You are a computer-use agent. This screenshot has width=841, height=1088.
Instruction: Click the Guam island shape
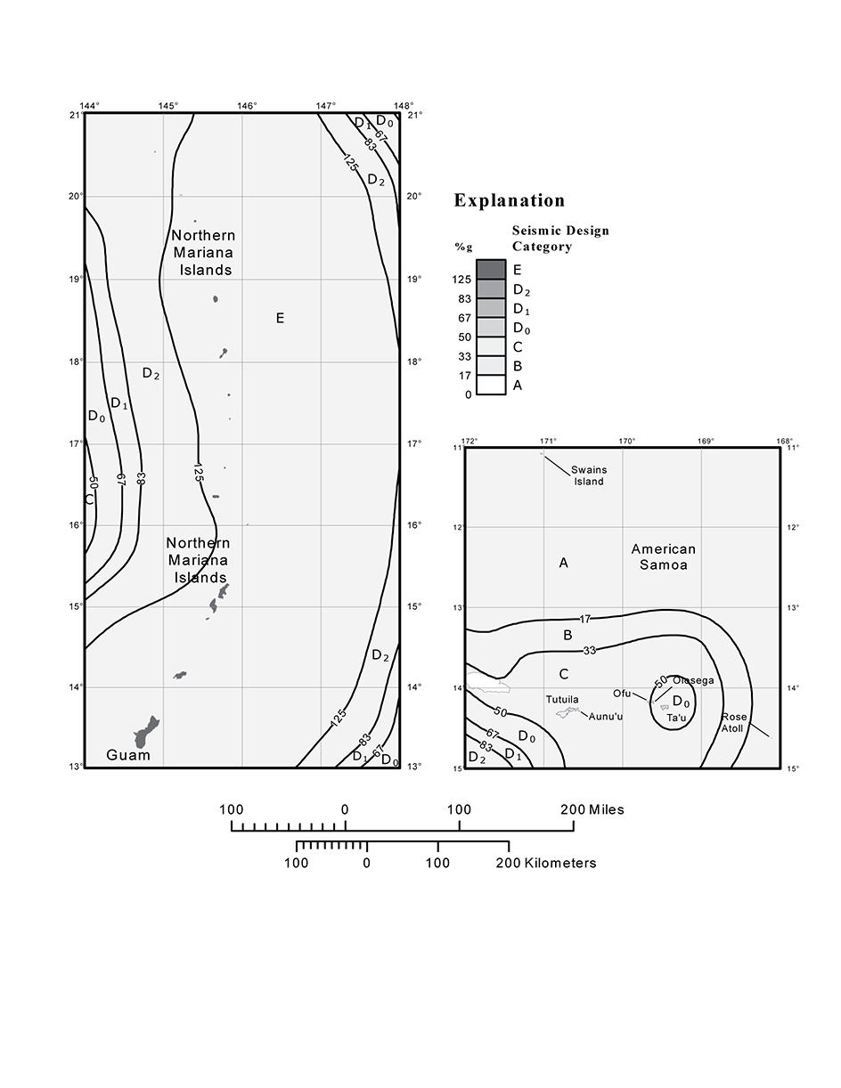point(145,734)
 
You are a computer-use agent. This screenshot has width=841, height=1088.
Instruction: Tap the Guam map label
point(128,755)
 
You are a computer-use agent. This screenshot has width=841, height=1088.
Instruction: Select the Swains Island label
point(588,475)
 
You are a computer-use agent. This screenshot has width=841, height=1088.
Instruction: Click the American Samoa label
point(663,556)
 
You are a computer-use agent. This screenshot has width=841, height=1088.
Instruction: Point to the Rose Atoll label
point(733,722)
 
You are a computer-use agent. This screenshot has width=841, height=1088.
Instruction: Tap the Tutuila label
point(562,700)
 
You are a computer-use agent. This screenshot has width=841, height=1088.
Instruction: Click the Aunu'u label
point(605,717)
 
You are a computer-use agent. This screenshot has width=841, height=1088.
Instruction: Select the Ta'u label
point(676,718)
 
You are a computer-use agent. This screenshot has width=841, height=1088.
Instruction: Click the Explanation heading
point(510,200)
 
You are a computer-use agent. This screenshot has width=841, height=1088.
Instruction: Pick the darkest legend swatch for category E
point(491,269)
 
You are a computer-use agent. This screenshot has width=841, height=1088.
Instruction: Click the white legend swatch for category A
point(491,385)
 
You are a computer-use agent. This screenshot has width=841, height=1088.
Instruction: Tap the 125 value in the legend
point(461,280)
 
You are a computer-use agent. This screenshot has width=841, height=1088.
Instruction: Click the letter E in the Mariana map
point(280,318)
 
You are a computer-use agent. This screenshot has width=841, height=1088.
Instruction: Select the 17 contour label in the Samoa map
point(584,619)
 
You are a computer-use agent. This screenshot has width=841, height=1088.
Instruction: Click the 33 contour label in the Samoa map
point(589,651)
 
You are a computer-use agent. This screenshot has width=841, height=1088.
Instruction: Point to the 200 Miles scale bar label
point(592,809)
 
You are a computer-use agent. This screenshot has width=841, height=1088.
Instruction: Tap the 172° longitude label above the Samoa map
point(469,441)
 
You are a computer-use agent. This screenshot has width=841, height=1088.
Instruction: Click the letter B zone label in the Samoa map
point(567,635)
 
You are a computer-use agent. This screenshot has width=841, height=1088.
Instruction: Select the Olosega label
point(693,681)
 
